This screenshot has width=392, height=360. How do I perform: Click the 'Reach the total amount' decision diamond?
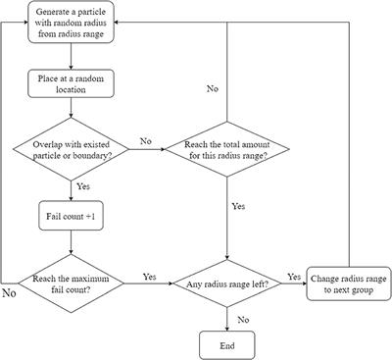coord(226,153)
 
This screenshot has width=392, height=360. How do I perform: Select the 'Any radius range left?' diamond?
coord(226,284)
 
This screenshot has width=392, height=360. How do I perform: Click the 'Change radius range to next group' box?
coord(348,284)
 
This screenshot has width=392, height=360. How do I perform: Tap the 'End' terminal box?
coord(226,345)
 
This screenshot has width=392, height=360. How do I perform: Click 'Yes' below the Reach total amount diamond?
coord(238,208)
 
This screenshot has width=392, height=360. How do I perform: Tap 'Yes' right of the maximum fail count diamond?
coord(150,276)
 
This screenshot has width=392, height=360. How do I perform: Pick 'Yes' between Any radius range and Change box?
coord(292,276)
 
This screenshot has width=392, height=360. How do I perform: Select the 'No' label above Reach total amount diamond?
coord(211,89)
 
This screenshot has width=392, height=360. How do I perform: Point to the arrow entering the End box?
coord(226,325)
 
